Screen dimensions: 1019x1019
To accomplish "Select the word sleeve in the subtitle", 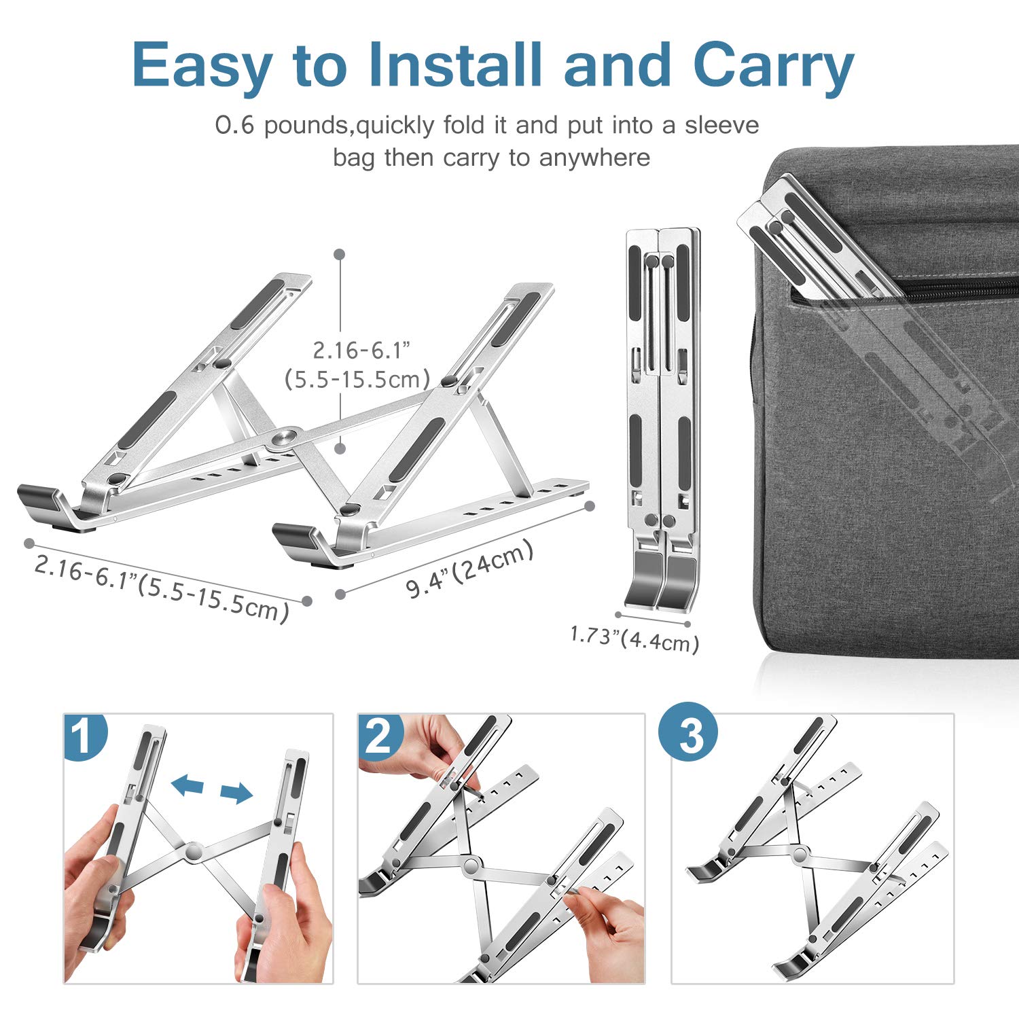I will coord(721,125).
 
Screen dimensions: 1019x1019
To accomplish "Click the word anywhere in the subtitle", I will coord(594,158).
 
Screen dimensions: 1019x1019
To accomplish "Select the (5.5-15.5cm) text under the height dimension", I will coord(357,379).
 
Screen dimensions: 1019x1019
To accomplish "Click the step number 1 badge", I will coord(84,736).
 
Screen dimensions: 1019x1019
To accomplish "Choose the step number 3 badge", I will coord(689,732).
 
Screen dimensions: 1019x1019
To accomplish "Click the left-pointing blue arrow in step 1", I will coord(187,785).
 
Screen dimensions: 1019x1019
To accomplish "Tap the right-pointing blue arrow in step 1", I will coord(236,792).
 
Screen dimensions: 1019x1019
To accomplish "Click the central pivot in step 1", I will coord(194,851).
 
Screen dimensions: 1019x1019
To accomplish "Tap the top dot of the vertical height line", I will coord(340,254).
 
